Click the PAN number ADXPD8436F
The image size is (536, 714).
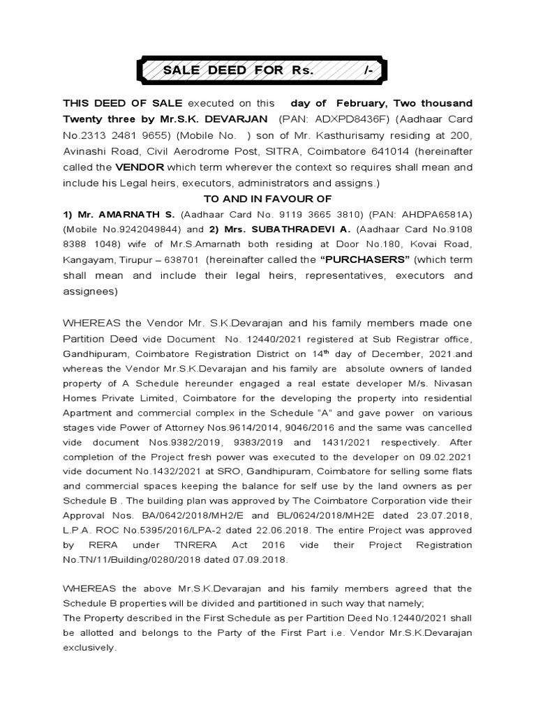coord(338,118)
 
